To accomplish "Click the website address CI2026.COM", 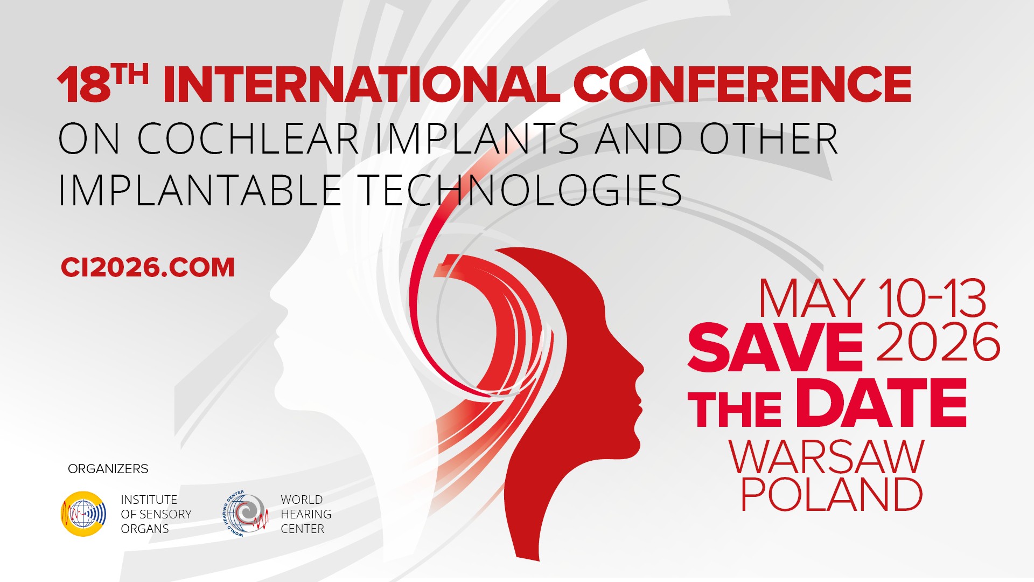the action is click(x=148, y=268).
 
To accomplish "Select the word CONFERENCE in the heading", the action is click(x=742, y=85).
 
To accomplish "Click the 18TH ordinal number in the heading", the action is click(x=102, y=84).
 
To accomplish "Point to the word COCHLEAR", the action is click(x=248, y=138).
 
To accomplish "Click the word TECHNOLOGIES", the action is click(x=520, y=190).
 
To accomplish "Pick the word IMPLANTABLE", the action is click(x=199, y=190).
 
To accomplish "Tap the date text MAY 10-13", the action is click(x=872, y=298).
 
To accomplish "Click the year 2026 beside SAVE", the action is click(x=939, y=342).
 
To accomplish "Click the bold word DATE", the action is click(x=881, y=403).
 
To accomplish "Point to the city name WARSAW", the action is click(x=827, y=458).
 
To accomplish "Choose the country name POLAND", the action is click(x=832, y=494).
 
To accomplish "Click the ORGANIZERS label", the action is click(x=108, y=469).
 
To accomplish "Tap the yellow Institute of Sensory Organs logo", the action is click(x=83, y=514).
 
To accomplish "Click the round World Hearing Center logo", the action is click(x=246, y=514).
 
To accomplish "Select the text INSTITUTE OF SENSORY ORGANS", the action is click(x=156, y=514).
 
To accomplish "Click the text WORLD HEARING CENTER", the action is click(x=306, y=514).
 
